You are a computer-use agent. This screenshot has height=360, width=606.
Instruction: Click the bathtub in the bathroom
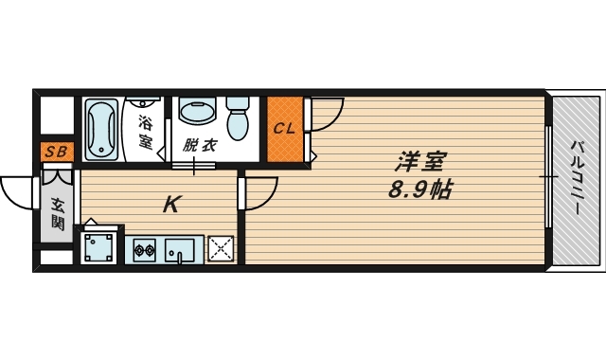click(x=98, y=130)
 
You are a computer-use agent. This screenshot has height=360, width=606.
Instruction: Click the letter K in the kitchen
click(x=171, y=203)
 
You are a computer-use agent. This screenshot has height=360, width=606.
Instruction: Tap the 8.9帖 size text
click(x=418, y=189)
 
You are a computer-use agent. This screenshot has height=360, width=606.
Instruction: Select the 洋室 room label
click(x=417, y=161)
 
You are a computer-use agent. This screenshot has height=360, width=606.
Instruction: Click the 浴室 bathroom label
click(x=146, y=132)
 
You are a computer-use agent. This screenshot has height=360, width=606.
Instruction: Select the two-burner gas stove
click(x=146, y=251)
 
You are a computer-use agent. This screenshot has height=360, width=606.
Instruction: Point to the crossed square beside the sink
click(x=221, y=249)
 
